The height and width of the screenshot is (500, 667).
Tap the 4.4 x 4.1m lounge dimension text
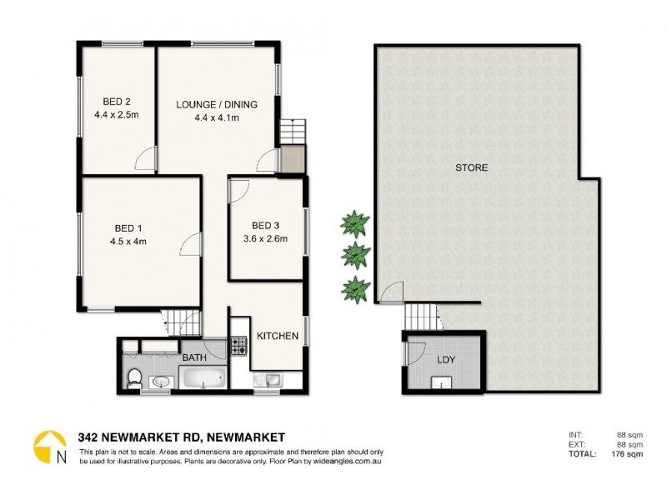[x=216, y=117]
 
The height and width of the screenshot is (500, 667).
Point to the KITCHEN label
[x=277, y=336]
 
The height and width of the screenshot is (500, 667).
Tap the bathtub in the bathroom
[x=203, y=379]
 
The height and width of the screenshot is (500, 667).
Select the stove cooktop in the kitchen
[x=238, y=345]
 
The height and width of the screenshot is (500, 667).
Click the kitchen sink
[x=271, y=379]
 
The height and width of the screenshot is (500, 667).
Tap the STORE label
[x=471, y=167]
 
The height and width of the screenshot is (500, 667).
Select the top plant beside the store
[x=354, y=222]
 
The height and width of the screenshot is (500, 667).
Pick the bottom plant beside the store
[x=355, y=288]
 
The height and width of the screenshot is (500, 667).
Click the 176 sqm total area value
[x=624, y=454]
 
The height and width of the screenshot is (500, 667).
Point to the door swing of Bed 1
[x=190, y=244]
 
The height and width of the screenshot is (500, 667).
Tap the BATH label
[x=194, y=358]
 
